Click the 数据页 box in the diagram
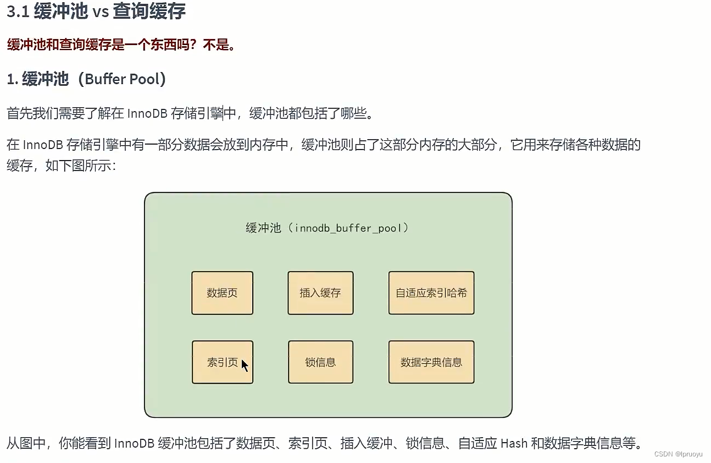click(x=222, y=293)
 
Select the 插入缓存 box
click(x=320, y=293)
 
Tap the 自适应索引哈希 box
click(x=431, y=293)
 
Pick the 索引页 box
click(x=222, y=362)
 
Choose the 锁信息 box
click(x=320, y=362)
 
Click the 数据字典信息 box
click(x=431, y=362)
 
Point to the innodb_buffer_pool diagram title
click(x=327, y=228)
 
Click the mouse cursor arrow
click(x=245, y=365)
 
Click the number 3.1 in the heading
click(x=17, y=12)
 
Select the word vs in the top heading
click(x=101, y=12)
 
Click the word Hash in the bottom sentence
click(x=514, y=443)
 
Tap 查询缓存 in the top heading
click(x=149, y=12)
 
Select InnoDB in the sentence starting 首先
click(x=147, y=114)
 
